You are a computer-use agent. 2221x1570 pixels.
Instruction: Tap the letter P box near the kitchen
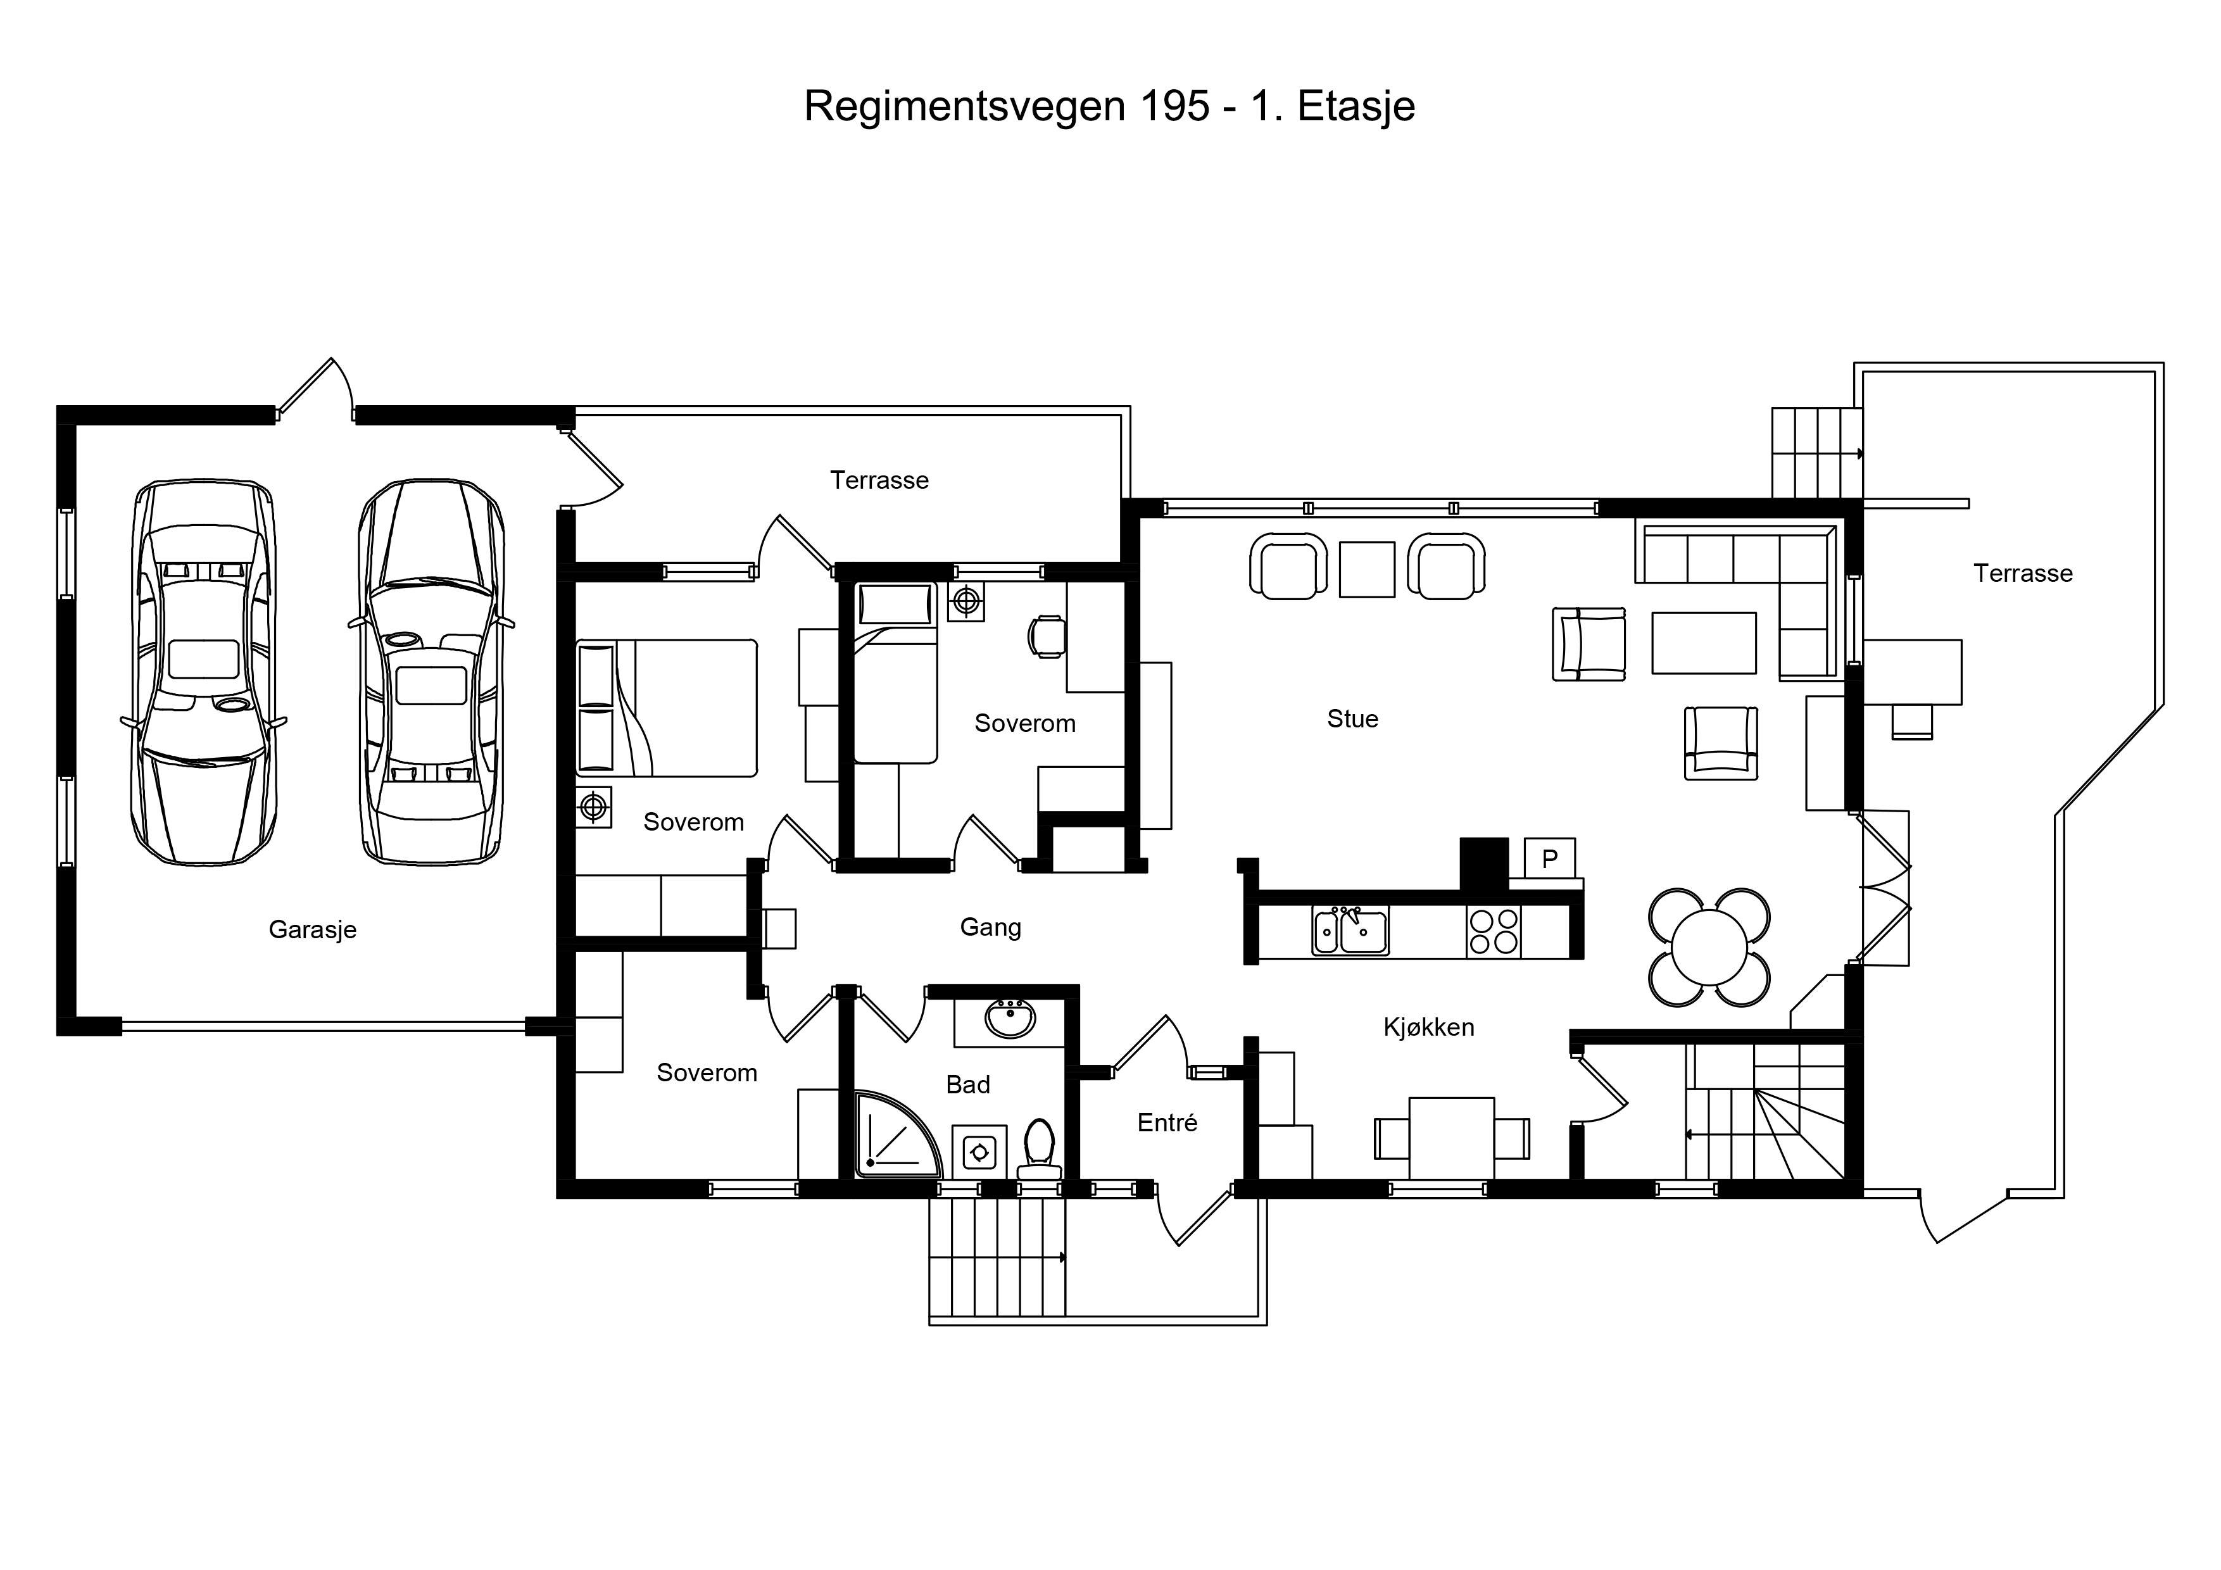pyautogui.click(x=1550, y=858)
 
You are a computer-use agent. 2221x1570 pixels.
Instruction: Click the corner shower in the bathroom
pyautogui.click(x=897, y=1134)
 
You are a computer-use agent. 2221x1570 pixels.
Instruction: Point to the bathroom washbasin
pyautogui.click(x=1010, y=1019)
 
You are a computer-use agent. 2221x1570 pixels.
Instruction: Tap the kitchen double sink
pyautogui.click(x=1350, y=931)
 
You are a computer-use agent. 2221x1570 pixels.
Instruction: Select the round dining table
pyautogui.click(x=1709, y=947)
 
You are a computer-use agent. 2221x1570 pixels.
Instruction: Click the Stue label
pyautogui.click(x=1352, y=719)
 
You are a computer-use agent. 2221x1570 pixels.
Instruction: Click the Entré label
pyautogui.click(x=1167, y=1122)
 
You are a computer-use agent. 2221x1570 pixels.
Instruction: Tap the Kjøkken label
pyautogui.click(x=1429, y=1027)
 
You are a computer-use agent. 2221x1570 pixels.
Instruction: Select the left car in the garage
pyautogui.click(x=203, y=671)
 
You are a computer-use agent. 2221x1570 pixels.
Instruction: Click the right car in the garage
pyautogui.click(x=431, y=670)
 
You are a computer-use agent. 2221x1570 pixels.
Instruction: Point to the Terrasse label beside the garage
pyautogui.click(x=879, y=480)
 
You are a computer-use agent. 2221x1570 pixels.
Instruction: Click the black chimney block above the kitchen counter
pyautogui.click(x=1484, y=864)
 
